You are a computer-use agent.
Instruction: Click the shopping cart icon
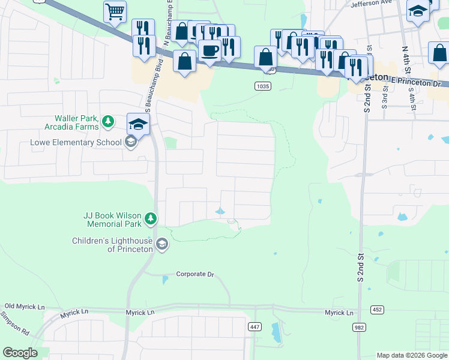coord(115,11)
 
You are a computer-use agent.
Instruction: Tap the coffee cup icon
coord(210,50)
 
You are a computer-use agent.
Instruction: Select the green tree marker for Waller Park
coord(108,122)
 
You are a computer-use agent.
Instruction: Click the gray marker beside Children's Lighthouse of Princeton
coord(161,244)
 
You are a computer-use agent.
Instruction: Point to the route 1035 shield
coord(262,86)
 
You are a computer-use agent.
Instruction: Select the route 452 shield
coord(377,310)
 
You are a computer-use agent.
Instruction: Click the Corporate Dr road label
coord(195,274)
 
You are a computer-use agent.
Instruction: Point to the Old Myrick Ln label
coord(25,307)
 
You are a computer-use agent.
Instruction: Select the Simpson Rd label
coord(14,323)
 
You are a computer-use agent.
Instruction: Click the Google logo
coord(20,353)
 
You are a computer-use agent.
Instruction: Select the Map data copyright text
coord(412,355)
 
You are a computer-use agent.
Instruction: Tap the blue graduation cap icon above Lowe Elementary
coord(138,125)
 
